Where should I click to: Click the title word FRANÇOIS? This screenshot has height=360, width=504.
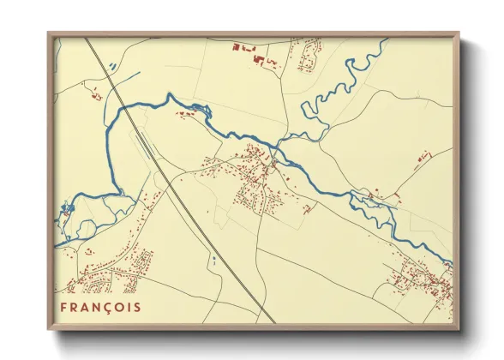[100, 306]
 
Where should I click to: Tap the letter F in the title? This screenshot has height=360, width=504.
[64, 306]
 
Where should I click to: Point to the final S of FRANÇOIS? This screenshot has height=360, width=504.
[137, 306]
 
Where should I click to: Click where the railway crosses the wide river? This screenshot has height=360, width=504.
[126, 106]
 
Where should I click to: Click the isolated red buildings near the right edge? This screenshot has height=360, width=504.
[422, 156]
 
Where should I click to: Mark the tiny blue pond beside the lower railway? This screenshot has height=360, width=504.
[211, 258]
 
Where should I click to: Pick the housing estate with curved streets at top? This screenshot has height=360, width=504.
[306, 56]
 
